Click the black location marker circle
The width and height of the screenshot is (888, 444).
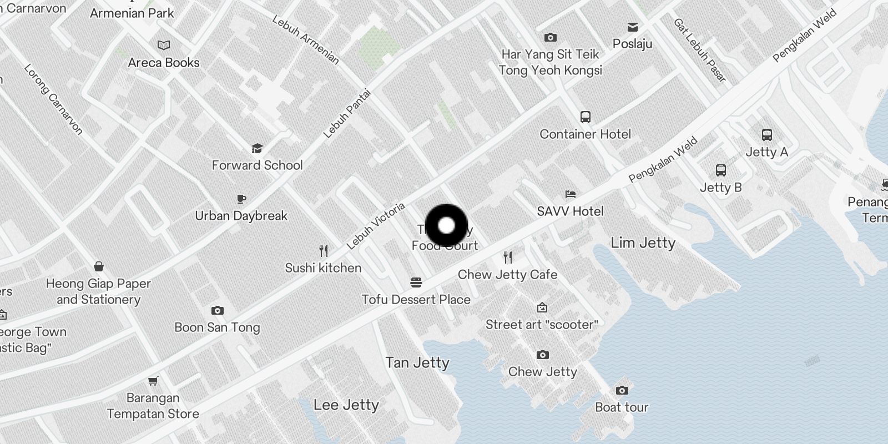447,226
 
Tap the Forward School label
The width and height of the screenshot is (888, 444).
257,165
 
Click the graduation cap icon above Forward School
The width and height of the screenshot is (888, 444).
256,148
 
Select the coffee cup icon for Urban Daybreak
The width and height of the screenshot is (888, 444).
241,199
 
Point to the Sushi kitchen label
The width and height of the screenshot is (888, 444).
323,268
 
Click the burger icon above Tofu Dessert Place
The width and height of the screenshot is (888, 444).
416,282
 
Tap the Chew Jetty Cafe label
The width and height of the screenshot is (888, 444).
507,274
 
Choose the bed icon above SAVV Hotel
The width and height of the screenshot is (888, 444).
570,194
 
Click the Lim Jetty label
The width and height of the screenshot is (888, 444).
643,243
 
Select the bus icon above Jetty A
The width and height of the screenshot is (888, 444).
766,135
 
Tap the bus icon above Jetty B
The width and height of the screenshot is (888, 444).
720,170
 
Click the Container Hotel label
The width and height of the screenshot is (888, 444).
585,134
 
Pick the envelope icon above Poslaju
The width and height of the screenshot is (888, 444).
632,27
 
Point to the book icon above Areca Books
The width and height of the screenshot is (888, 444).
164,46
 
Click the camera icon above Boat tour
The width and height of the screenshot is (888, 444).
622,390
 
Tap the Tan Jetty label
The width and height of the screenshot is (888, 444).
417,362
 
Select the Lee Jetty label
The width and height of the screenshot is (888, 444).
346,405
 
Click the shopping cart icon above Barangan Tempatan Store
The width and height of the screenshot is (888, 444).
153,381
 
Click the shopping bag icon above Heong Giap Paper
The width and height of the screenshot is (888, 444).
99,267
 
